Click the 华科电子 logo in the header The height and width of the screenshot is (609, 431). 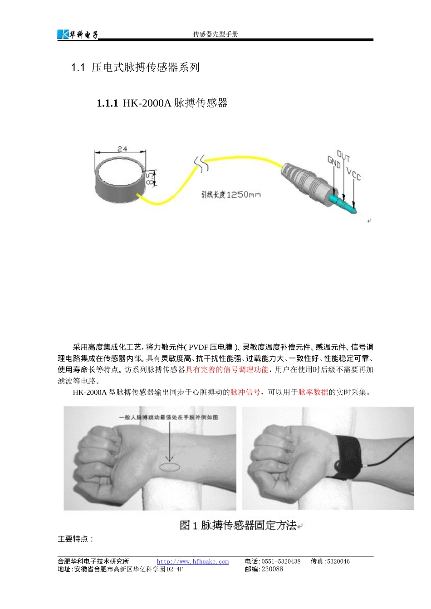(78, 34)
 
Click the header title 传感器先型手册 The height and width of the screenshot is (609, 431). (215, 34)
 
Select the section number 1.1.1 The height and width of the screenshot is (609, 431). (107, 103)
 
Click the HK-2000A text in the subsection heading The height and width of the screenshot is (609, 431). (147, 103)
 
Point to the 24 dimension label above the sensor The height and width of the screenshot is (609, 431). (122, 149)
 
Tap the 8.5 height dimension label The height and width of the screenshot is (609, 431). (149, 178)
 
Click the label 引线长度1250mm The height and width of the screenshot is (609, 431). (231, 194)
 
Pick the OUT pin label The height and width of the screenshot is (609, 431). (343, 156)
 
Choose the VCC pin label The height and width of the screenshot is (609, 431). (353, 174)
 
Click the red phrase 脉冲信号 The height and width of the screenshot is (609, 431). (245, 392)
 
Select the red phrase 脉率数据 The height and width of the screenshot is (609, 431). (313, 392)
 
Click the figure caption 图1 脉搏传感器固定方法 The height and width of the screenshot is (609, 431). (238, 525)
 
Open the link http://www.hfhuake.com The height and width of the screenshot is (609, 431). (193, 561)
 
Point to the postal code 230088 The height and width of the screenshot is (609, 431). (272, 569)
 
